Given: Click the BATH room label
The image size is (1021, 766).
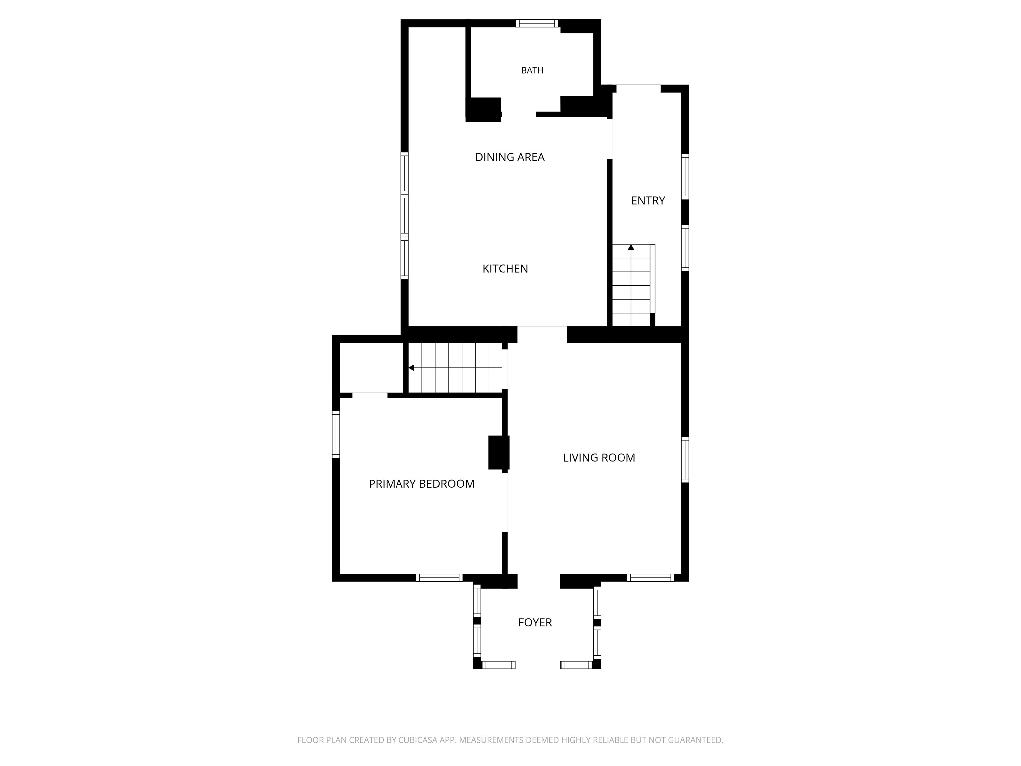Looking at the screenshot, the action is [x=532, y=70].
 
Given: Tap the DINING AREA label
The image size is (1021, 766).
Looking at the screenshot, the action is [x=510, y=157].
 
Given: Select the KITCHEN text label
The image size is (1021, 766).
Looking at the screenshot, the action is [x=506, y=269].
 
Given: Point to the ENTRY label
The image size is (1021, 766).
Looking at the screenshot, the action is [x=648, y=201].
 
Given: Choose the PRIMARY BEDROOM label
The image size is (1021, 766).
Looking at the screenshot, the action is [x=421, y=484].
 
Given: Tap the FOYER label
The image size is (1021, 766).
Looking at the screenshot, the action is [x=535, y=622].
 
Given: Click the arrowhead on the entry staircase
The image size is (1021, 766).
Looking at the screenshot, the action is [x=631, y=247].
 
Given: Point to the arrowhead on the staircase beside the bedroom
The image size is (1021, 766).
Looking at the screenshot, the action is [x=411, y=368].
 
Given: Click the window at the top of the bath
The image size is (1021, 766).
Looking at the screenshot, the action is [x=537, y=23].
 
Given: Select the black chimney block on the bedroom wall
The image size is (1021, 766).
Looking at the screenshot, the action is [x=499, y=452].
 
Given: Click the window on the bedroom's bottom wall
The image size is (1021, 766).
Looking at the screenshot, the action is [x=439, y=577].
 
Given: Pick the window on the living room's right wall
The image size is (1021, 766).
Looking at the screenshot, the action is [x=685, y=460].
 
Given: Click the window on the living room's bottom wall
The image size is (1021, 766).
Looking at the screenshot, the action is [x=651, y=577].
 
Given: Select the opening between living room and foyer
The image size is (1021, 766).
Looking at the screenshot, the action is [x=539, y=581].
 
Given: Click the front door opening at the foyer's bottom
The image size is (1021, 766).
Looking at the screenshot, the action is [x=538, y=665].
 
